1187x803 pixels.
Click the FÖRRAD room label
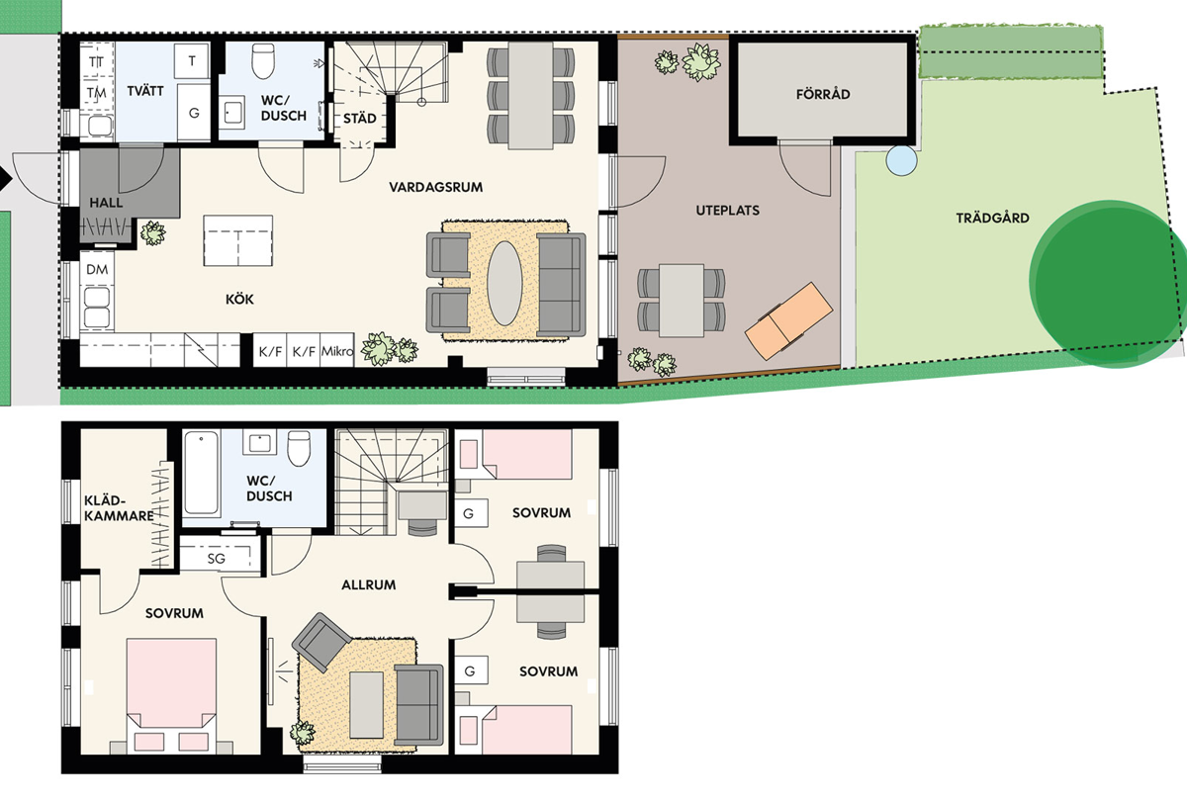click(822, 94)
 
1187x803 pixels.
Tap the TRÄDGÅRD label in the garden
click(992, 218)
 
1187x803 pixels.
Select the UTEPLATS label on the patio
click(727, 211)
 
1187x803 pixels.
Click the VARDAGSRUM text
click(435, 187)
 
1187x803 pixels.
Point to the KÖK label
click(239, 300)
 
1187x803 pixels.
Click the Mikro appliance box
click(337, 350)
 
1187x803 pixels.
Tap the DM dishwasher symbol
click(97, 270)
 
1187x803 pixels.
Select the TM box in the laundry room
click(97, 93)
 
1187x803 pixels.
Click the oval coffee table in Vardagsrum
click(504, 284)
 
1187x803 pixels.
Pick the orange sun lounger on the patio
click(788, 321)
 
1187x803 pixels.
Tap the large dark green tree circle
click(1108, 284)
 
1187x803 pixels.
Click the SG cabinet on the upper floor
click(217, 559)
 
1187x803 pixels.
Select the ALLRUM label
click(368, 584)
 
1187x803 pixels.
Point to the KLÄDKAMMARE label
click(119, 508)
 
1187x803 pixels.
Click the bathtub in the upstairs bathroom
click(202, 473)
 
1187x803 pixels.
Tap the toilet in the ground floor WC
click(263, 60)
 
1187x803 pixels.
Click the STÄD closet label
click(360, 118)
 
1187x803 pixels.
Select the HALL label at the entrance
click(106, 203)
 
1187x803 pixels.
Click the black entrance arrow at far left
click(5, 180)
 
